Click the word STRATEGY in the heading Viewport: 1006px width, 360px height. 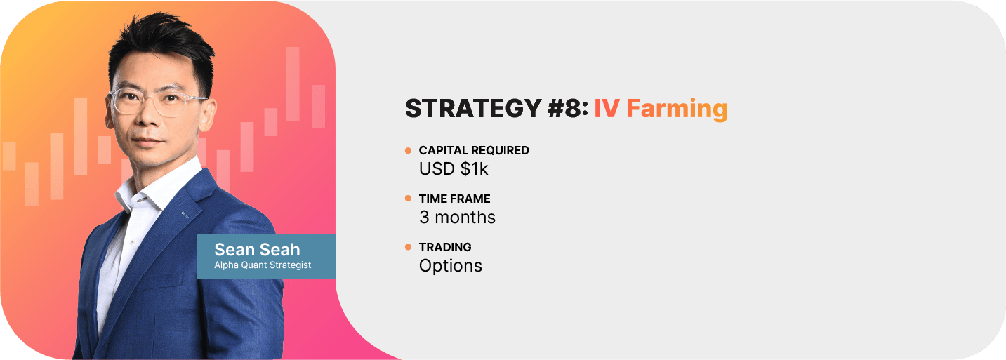click(x=473, y=109)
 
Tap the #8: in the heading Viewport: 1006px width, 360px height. click(x=568, y=109)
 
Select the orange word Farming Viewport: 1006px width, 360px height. click(x=677, y=109)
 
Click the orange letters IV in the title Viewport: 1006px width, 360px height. click(x=607, y=109)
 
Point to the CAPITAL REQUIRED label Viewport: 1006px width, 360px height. click(x=474, y=150)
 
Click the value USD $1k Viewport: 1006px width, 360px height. click(x=453, y=169)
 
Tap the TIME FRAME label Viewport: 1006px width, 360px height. click(x=454, y=199)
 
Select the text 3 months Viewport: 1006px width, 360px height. click(x=457, y=218)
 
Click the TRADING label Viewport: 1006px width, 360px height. click(x=445, y=247)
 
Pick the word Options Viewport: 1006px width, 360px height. click(x=451, y=266)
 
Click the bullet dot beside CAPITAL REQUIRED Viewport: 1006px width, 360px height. click(x=409, y=150)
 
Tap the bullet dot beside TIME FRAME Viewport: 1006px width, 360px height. click(x=409, y=199)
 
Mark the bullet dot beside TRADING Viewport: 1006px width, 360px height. click(x=409, y=247)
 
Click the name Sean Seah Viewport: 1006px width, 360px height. click(x=257, y=250)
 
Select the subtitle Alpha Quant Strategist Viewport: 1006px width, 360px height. click(x=263, y=265)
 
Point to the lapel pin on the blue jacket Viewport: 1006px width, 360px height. click(x=185, y=215)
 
